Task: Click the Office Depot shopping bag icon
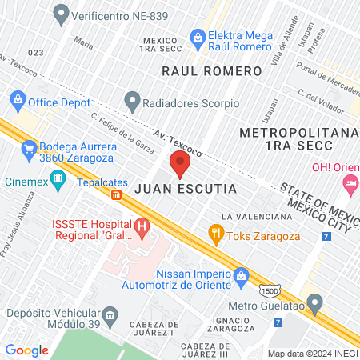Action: [x=16, y=102]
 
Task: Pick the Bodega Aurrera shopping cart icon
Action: [x=28, y=147]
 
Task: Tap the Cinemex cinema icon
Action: [x=58, y=184]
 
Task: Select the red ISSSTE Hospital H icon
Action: [x=142, y=228]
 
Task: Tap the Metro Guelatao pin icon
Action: [x=315, y=304]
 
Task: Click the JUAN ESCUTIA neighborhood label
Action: [x=186, y=190]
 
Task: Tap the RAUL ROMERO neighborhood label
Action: [x=211, y=71]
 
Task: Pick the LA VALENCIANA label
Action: [x=256, y=217]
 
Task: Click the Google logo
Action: [x=27, y=350]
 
